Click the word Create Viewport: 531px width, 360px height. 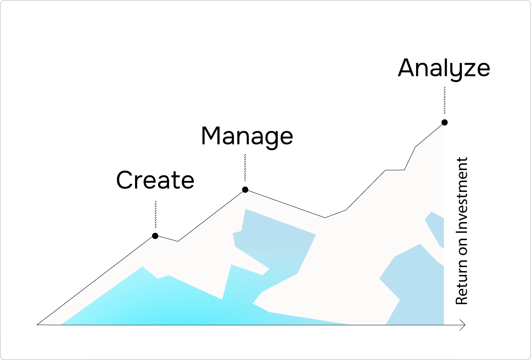pos(155,180)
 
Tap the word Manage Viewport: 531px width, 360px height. pos(247,136)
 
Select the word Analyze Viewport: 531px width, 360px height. pos(444,68)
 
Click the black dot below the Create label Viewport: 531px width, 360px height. pos(155,236)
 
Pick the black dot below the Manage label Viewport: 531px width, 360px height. pos(245,190)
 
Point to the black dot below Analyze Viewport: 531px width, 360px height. pos(445,122)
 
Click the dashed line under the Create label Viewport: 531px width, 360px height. pos(155,214)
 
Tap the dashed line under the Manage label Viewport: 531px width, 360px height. pos(245,167)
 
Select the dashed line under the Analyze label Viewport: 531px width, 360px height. pos(445,100)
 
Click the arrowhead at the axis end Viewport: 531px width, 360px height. pos(463,325)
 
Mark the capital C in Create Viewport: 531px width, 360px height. pos(126,180)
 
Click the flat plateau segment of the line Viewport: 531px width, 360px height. pos(395,170)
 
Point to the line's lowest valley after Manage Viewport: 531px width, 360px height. pos(325,218)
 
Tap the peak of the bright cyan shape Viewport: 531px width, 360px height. pos(142,267)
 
